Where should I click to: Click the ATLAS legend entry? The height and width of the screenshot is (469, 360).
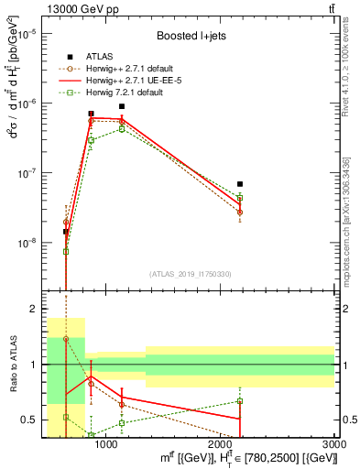pyautogui.click(x=101, y=57)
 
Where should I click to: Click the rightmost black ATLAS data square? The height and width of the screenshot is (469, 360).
pyautogui.click(x=240, y=184)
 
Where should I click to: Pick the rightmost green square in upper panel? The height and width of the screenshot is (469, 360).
pyautogui.click(x=240, y=198)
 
